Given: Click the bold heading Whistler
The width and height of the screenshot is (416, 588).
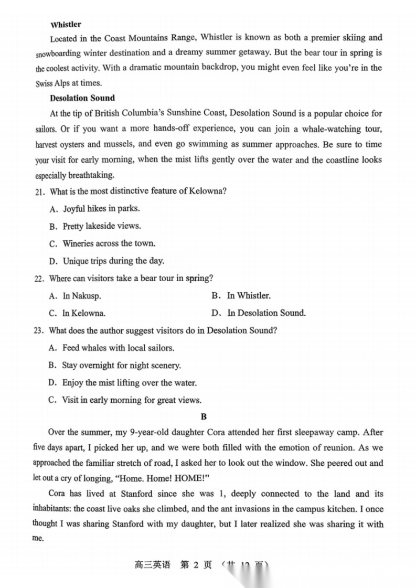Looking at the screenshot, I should [x=66, y=25].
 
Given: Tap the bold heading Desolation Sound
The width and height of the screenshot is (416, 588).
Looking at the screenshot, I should [x=82, y=98].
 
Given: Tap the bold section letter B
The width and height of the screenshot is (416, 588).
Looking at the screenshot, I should [x=204, y=417].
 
